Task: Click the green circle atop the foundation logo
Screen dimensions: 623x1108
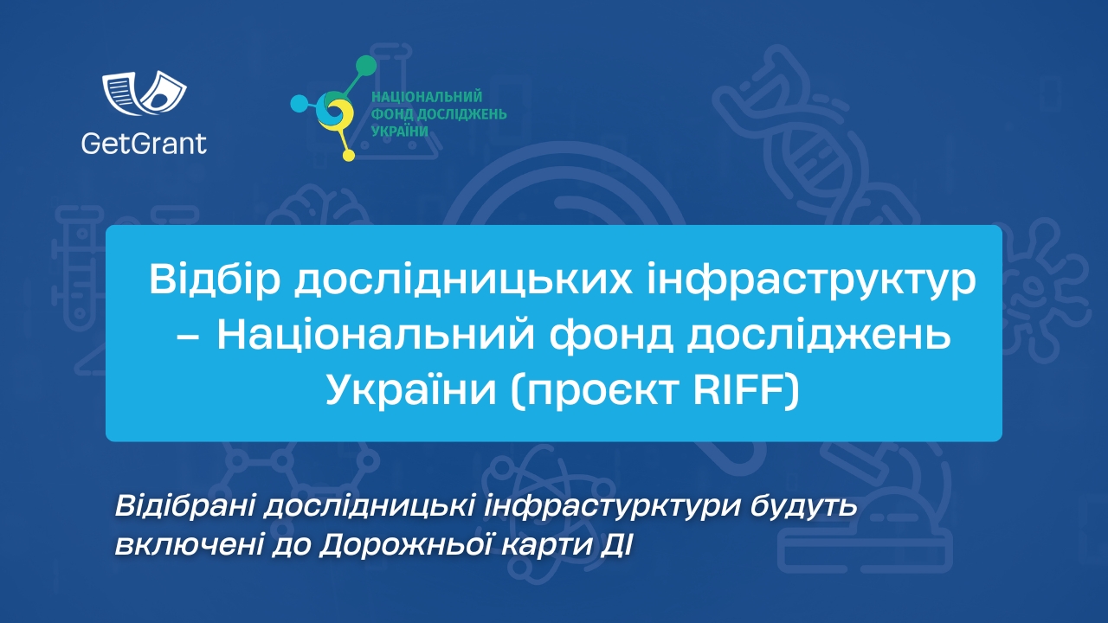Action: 366,66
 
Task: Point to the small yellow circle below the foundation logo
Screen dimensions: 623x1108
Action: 349,156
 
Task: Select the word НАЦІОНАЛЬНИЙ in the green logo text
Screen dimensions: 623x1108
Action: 426,98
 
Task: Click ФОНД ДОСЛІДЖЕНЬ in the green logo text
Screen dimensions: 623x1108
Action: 439,113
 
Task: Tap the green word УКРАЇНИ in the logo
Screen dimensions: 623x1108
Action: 400,130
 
